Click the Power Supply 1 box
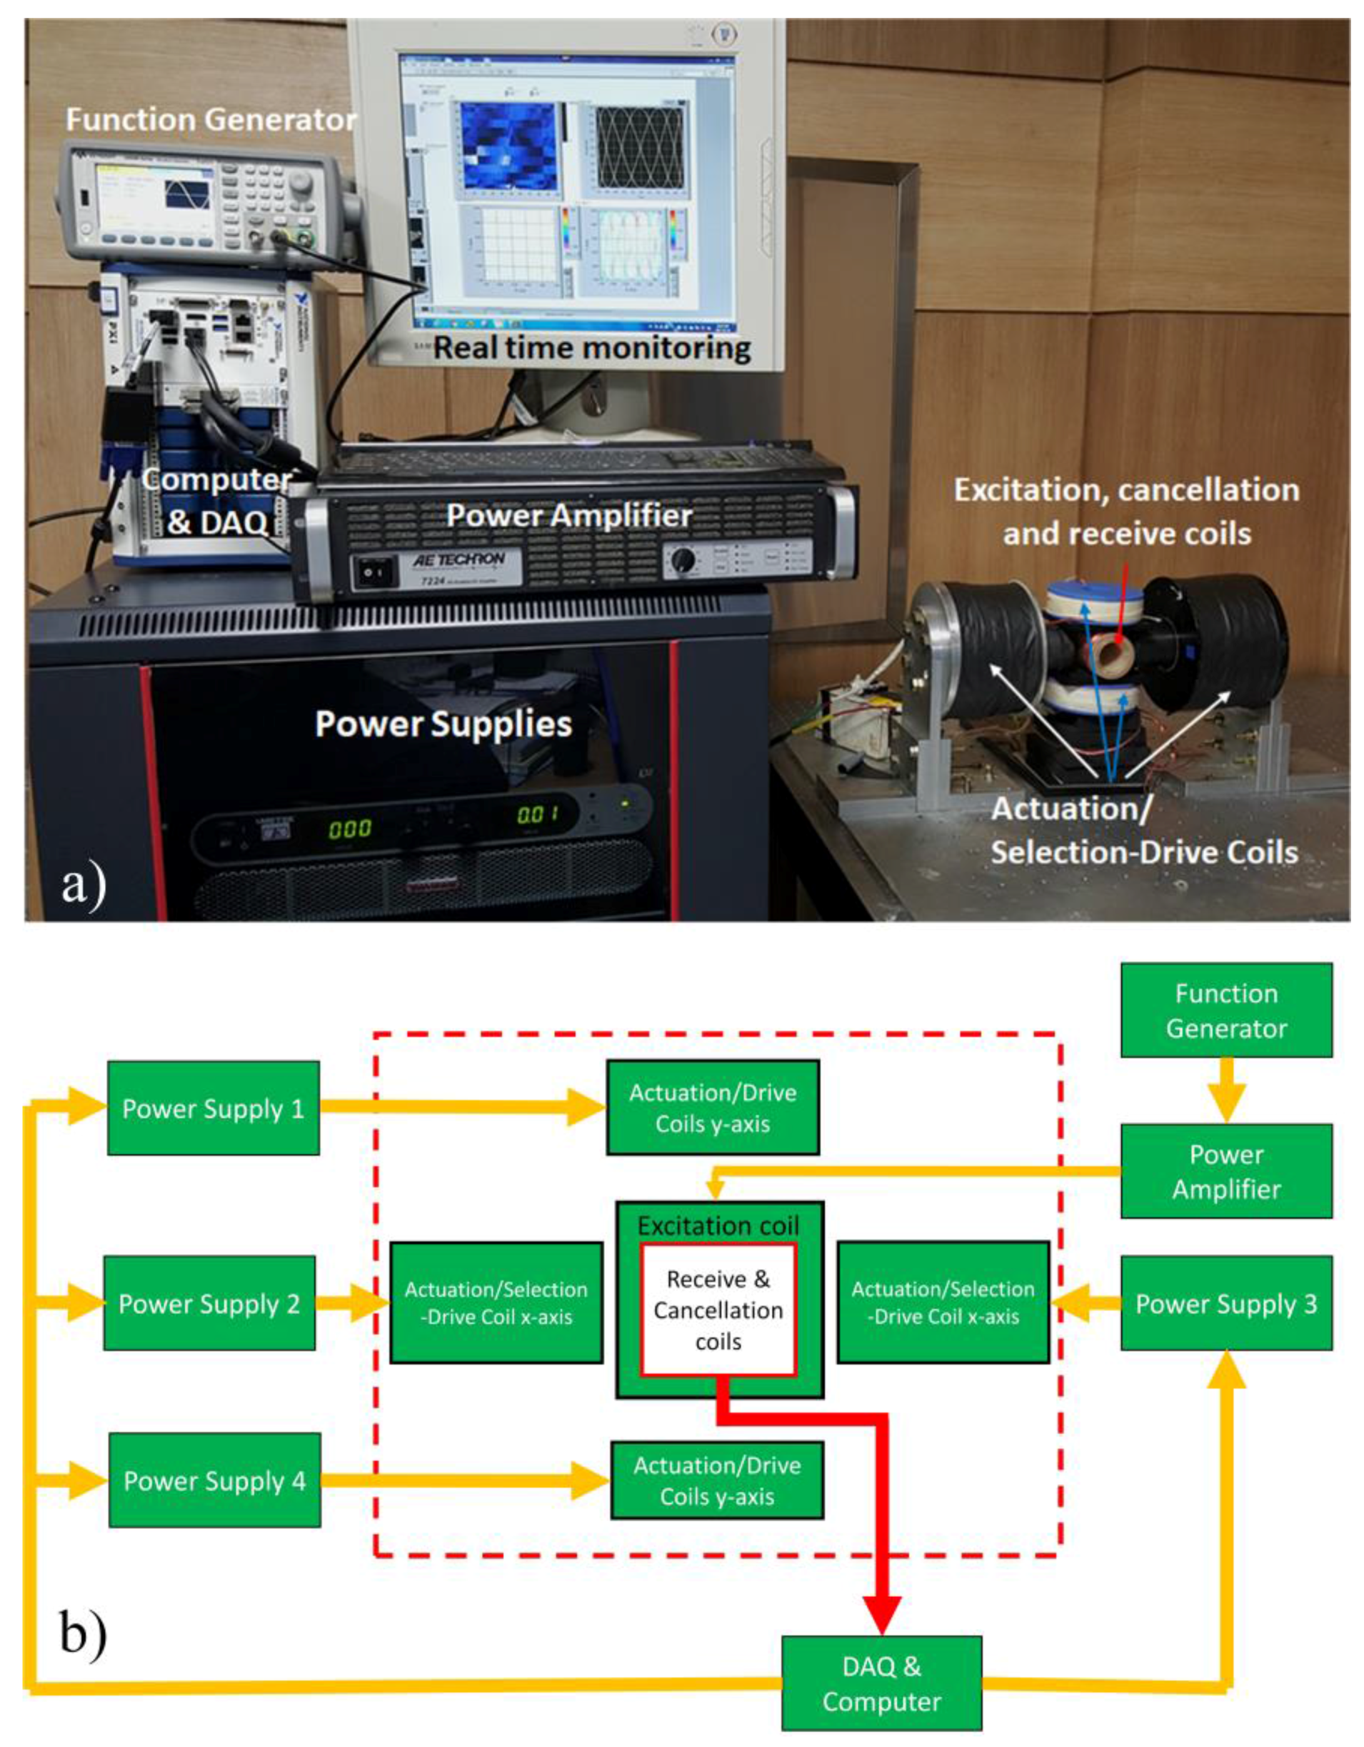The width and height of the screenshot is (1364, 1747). [x=213, y=1108]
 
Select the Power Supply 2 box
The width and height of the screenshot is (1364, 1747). [x=209, y=1303]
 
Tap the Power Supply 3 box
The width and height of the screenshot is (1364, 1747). [x=1226, y=1303]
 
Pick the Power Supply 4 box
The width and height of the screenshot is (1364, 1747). [x=214, y=1481]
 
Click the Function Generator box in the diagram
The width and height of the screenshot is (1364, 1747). [x=1226, y=1010]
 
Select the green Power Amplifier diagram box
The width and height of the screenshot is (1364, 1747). [x=1226, y=1171]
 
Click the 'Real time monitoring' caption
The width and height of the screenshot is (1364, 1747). [x=591, y=348]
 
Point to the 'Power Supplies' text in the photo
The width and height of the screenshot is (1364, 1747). [x=444, y=724]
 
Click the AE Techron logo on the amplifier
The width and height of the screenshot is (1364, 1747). [x=458, y=559]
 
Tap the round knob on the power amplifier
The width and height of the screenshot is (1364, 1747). [x=682, y=560]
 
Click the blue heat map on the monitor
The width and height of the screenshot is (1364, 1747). [x=507, y=146]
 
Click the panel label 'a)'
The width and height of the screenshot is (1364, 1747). [x=83, y=884]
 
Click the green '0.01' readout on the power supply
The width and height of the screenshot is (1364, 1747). [x=537, y=815]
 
